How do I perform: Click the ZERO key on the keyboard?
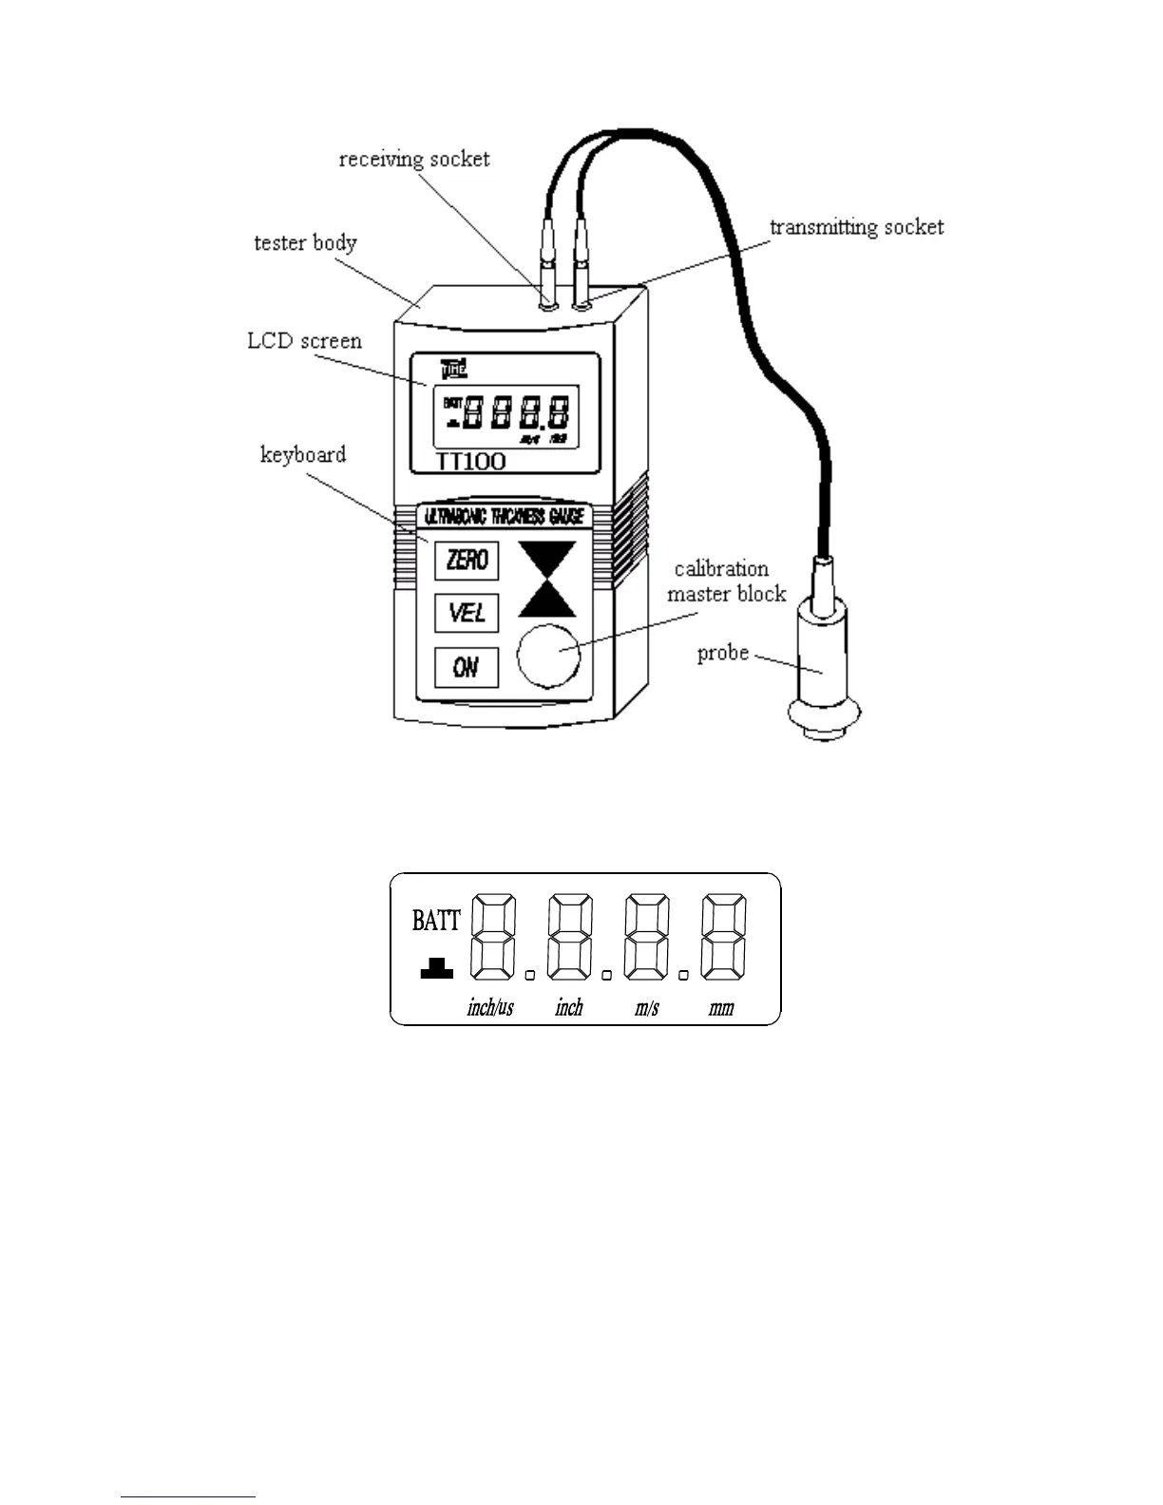point(467,560)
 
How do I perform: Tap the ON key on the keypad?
point(466,667)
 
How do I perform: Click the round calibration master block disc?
point(548,654)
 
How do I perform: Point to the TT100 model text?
point(470,463)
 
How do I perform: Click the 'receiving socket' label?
point(414,159)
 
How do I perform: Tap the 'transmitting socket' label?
point(856,227)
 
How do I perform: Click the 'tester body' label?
point(305,243)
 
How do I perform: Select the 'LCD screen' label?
point(304,341)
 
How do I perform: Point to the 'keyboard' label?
point(303,454)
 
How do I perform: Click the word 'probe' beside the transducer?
point(723,654)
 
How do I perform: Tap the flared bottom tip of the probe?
point(823,718)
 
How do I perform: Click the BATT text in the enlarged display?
point(436,920)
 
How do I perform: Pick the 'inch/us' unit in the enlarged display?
point(490,1008)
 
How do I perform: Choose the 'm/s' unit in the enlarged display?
point(647,1008)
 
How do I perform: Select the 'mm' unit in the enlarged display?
point(721,1008)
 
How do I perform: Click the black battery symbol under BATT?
point(437,969)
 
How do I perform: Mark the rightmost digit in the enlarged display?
point(723,937)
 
